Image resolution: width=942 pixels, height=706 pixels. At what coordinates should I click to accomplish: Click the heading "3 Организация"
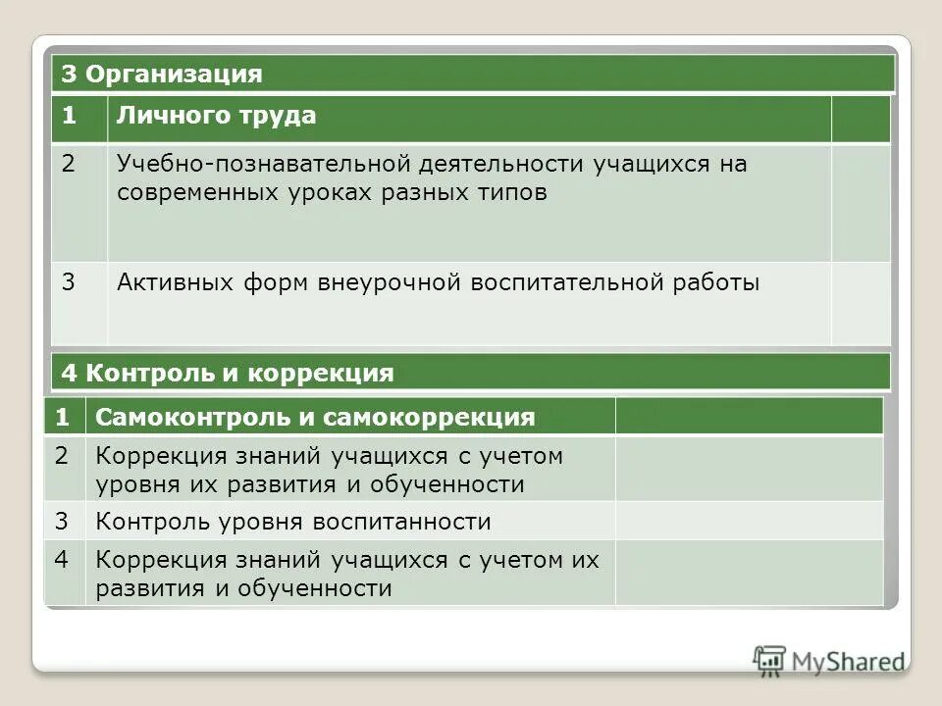[x=162, y=75]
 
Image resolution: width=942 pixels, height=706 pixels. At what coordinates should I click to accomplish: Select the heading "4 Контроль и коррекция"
[x=227, y=373]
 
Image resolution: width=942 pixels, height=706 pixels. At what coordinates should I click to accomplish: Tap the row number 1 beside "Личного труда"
[x=69, y=116]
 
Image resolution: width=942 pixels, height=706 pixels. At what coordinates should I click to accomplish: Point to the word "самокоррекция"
[x=430, y=418]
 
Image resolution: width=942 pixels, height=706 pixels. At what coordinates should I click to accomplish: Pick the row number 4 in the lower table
[x=62, y=560]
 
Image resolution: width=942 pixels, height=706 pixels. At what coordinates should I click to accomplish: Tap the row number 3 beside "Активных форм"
[x=69, y=283]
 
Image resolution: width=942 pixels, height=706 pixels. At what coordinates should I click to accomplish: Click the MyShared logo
[x=829, y=661]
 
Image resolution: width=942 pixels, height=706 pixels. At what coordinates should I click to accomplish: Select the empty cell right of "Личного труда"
[x=860, y=119]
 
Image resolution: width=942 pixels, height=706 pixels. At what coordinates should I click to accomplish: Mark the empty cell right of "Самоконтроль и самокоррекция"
[x=749, y=417]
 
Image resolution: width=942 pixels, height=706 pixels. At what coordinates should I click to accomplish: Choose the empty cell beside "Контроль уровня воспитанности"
[x=749, y=521]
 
